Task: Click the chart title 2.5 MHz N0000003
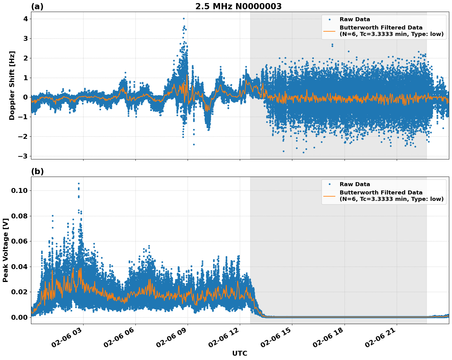[x=238, y=6]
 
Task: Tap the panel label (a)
[x=37, y=6]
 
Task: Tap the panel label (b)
[x=37, y=171]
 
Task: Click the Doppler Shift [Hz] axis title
[x=12, y=85]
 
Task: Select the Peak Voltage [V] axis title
[x=5, y=250]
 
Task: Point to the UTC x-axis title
[x=240, y=353]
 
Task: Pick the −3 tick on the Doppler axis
[x=22, y=156]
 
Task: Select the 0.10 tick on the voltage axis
[x=19, y=191]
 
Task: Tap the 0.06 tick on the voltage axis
[x=19, y=241]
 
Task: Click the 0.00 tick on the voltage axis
[x=19, y=317]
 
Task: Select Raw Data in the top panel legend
[x=355, y=19]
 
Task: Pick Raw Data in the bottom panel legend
[x=355, y=184]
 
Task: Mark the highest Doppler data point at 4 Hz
[x=184, y=18]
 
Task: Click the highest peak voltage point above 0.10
[x=79, y=184]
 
